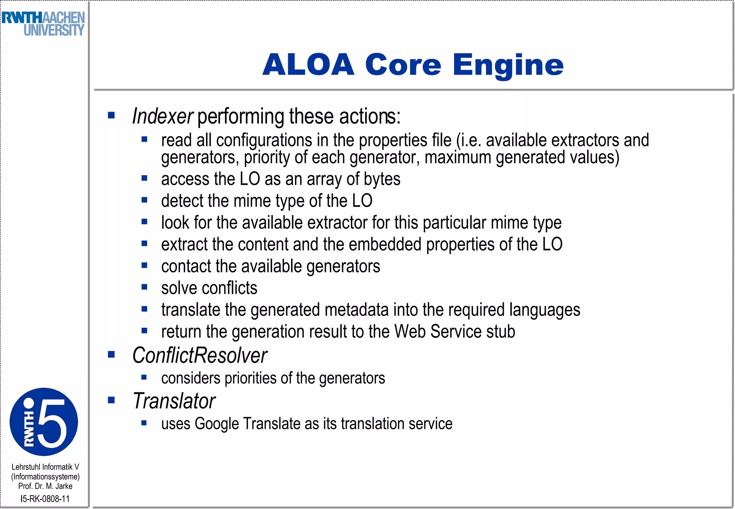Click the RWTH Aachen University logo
point(43,24)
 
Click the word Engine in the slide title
point(508,65)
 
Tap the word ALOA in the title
point(308,65)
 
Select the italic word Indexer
point(163,116)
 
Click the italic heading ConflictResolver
point(200,355)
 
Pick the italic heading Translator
point(174,401)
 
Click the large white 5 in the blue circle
point(52,422)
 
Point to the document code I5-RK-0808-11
point(45,499)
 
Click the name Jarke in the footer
point(64,486)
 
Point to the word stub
point(501,332)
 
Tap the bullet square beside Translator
point(111,400)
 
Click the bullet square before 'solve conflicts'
point(144,287)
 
